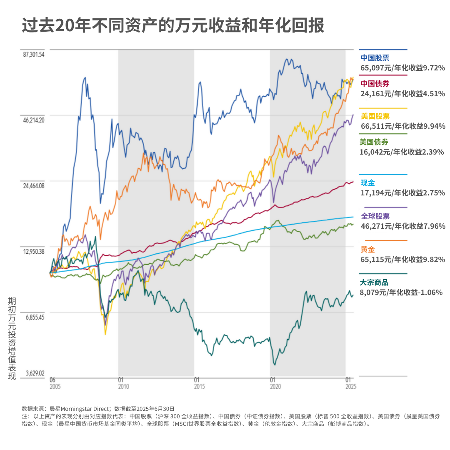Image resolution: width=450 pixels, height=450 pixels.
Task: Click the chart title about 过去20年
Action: pos(173,25)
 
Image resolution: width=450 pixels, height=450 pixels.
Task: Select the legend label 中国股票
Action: pos(375,57)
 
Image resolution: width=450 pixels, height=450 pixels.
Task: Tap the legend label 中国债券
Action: pos(375,83)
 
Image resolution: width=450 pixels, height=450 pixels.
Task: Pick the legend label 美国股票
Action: pos(375,116)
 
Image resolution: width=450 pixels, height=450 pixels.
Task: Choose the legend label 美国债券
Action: pos(374,142)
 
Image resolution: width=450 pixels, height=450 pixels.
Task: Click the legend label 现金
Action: pos(367,182)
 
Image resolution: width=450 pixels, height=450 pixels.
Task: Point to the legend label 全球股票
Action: pos(375,216)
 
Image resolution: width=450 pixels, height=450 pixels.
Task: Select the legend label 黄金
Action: pos(367,249)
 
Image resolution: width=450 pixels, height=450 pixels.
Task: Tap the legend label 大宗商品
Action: pos(374,282)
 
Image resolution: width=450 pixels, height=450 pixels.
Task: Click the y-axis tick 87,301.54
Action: pos(34,54)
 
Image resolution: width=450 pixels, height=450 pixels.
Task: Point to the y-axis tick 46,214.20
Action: pos(34,120)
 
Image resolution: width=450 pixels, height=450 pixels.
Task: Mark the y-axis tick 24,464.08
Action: pos(34,186)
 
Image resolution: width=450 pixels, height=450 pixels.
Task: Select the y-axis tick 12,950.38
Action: pos(34,251)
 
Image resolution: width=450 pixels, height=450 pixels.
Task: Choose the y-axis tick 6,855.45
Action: pos(35,317)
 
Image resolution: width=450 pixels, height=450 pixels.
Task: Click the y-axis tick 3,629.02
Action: pos(35,373)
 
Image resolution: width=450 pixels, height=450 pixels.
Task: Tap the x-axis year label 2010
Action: pos(124,386)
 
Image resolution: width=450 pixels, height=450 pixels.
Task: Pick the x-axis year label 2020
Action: pos(275,386)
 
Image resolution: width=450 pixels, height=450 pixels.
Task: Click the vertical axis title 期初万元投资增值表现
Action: pos(12,338)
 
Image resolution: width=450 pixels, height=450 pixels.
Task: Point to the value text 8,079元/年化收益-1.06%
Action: pos(401,292)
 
